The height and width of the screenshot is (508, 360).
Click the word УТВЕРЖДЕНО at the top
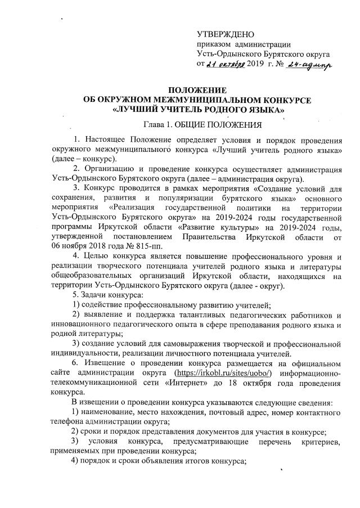225,35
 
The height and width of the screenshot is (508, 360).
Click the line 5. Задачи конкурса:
100,295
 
